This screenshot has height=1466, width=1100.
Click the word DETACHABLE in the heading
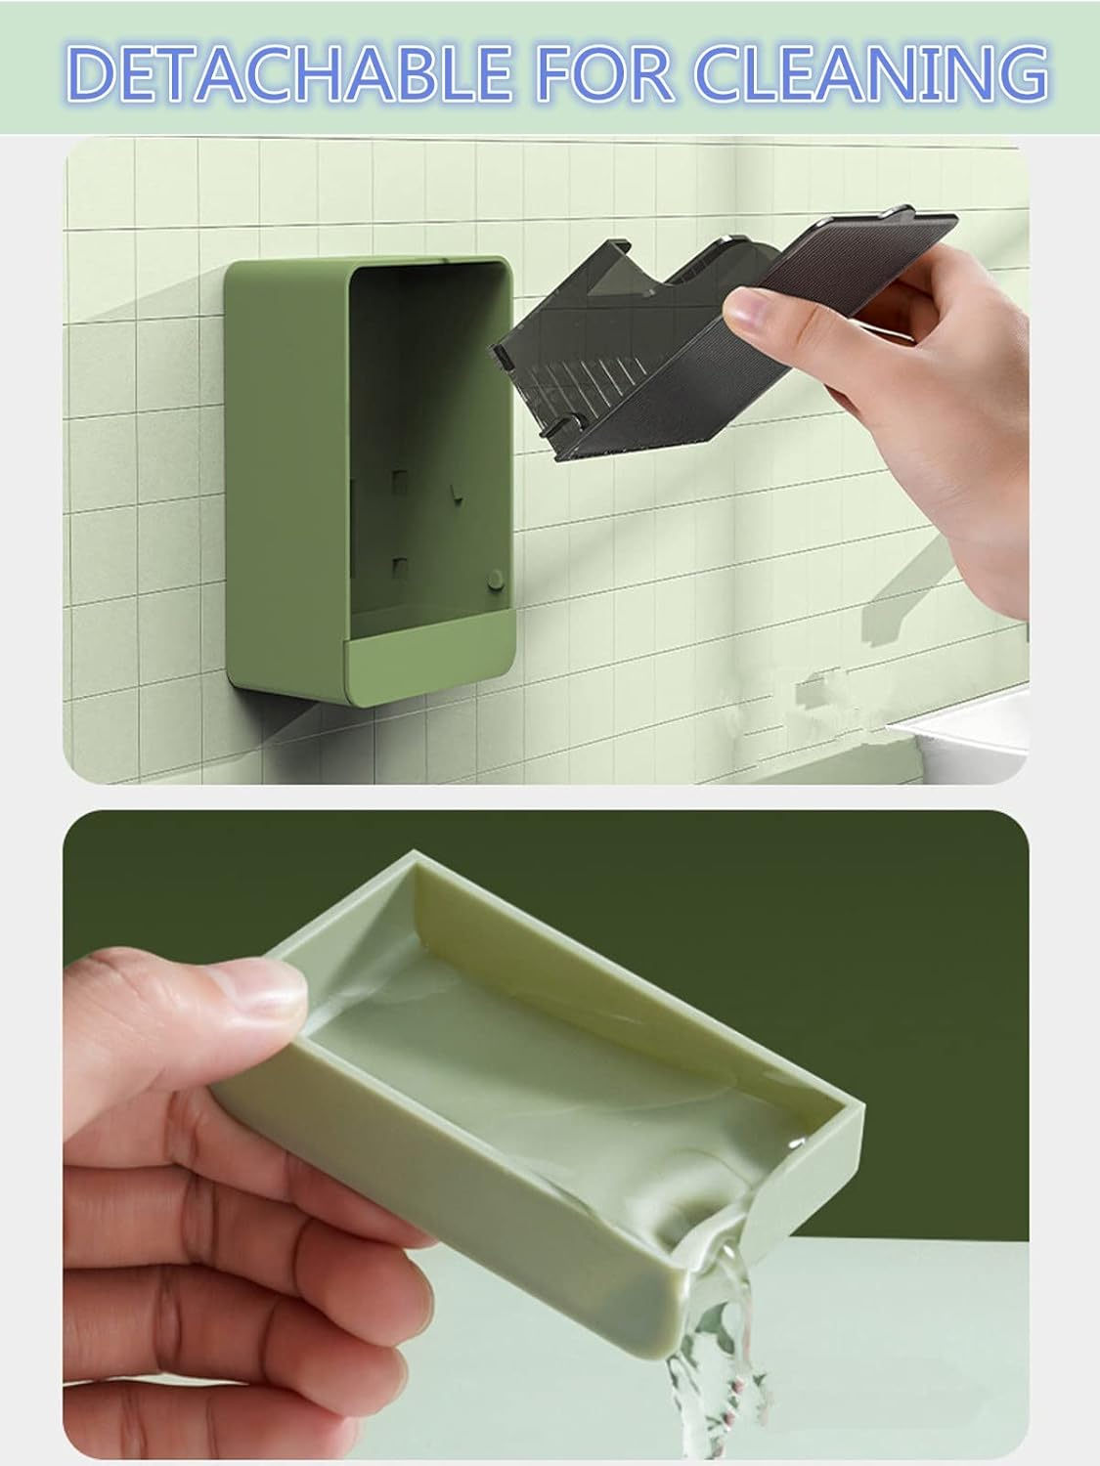point(289,73)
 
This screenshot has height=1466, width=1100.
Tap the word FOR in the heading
point(605,73)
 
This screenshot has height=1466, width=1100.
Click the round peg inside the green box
point(495,579)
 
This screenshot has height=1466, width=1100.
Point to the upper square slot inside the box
point(399,482)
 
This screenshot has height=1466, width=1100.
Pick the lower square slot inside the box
point(399,567)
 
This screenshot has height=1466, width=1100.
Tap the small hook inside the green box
point(457,495)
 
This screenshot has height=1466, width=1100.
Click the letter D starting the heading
point(91,74)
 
